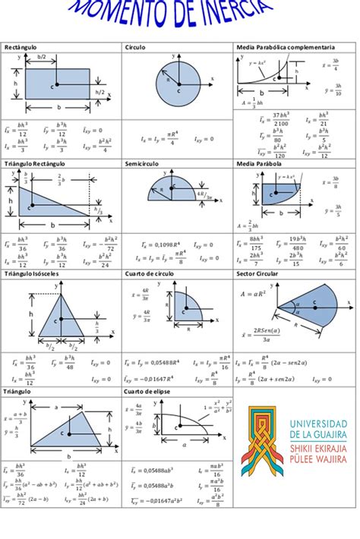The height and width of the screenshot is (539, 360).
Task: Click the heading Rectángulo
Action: pyautogui.click(x=21, y=48)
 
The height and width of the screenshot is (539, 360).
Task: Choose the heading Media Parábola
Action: pyautogui.click(x=260, y=163)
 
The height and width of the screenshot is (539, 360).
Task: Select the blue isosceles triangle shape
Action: pyautogui.click(x=60, y=326)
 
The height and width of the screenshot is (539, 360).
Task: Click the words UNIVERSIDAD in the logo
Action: pyautogui.click(x=314, y=424)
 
